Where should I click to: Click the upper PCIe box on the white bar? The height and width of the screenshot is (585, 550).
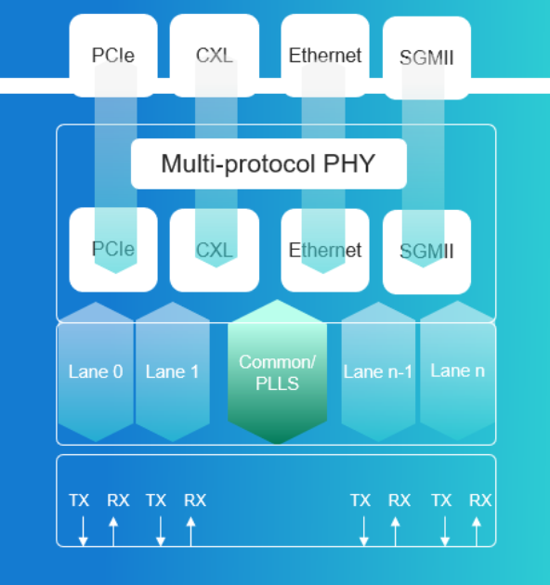point(113,56)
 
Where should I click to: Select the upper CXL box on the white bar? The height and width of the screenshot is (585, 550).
point(215,56)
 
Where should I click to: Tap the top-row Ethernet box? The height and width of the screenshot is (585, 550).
point(325,56)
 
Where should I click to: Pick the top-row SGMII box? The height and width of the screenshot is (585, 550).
point(426,58)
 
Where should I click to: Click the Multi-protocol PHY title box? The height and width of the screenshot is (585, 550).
point(268,163)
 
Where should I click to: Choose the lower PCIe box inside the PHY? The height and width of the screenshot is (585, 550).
point(113,250)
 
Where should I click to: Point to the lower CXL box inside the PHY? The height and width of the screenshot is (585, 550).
point(215,250)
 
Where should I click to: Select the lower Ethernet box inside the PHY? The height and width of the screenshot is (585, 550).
point(325,250)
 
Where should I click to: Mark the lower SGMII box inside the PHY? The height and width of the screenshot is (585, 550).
point(426,252)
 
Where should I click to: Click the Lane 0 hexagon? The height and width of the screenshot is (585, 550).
point(96,371)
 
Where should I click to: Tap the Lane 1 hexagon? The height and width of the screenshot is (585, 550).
point(173,371)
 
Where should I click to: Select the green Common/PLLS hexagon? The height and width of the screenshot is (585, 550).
point(278,371)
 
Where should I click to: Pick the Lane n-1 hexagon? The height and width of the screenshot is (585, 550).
point(378,371)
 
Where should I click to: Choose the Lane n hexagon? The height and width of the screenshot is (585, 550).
point(458,370)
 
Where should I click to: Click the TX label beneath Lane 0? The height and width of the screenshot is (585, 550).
point(79,500)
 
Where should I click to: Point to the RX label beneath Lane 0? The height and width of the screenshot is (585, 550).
point(118,500)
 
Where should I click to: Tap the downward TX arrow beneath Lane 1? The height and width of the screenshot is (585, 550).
point(161,531)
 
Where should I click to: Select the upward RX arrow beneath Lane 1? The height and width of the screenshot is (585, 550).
point(190,531)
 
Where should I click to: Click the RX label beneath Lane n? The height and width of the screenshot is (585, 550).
point(480,500)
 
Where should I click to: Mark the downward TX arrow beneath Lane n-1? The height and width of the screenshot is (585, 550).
point(364,531)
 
